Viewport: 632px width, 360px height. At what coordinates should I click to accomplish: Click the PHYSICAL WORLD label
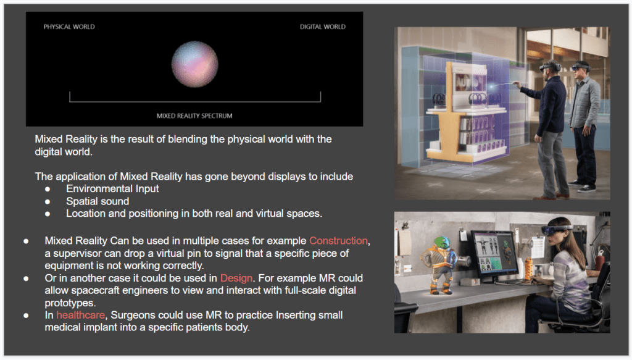tap(69, 27)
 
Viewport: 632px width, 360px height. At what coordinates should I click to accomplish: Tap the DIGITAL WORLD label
tap(322, 27)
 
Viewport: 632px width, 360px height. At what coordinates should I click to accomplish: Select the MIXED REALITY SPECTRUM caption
tap(194, 115)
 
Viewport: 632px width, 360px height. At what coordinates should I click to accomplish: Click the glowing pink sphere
tap(194, 64)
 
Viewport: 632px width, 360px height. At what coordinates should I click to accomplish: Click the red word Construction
tap(338, 241)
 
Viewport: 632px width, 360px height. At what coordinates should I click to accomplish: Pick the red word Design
tap(236, 278)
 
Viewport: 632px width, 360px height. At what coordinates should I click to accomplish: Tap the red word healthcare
tap(81, 315)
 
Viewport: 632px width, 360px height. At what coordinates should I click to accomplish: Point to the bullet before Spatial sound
tap(48, 201)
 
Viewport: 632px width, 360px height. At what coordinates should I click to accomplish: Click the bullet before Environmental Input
tap(48, 189)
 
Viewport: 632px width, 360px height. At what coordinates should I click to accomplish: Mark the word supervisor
tap(77, 254)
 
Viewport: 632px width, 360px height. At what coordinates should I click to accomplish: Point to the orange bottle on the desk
tap(529, 268)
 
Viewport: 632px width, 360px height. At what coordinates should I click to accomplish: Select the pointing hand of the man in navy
tap(515, 83)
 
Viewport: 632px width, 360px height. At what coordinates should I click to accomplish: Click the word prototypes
tap(70, 303)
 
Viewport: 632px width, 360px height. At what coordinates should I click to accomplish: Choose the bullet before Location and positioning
tap(48, 214)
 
